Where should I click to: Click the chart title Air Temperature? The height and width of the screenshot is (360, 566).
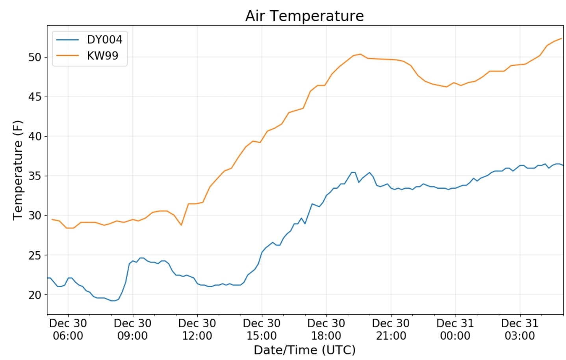304,16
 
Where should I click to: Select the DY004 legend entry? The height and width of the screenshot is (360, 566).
104,40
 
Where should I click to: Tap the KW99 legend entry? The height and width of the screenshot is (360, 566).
102,56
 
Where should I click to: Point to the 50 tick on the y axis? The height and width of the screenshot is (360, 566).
35,57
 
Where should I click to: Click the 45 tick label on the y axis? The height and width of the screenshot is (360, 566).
35,97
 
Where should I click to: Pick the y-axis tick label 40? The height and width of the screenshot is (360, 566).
35,136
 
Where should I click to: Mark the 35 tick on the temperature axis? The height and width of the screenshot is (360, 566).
35,176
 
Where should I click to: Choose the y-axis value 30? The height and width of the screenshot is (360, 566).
35,215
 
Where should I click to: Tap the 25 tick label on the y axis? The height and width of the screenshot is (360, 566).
35,255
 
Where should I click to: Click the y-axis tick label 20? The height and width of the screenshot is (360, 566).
35,295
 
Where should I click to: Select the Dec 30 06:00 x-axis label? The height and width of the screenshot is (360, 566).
68,330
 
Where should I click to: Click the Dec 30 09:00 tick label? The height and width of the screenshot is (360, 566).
133,330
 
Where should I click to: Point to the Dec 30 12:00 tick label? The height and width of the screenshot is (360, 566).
197,330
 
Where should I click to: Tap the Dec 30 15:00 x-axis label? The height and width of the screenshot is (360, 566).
262,330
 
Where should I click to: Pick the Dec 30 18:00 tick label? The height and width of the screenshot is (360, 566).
326,330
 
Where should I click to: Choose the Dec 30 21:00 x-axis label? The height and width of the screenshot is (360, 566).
391,330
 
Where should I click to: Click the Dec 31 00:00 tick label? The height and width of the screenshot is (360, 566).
455,330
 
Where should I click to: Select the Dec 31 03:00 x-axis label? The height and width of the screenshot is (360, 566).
520,330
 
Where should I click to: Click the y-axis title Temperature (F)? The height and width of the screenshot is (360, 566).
18,170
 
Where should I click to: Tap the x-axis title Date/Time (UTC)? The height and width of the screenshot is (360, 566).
304,350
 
